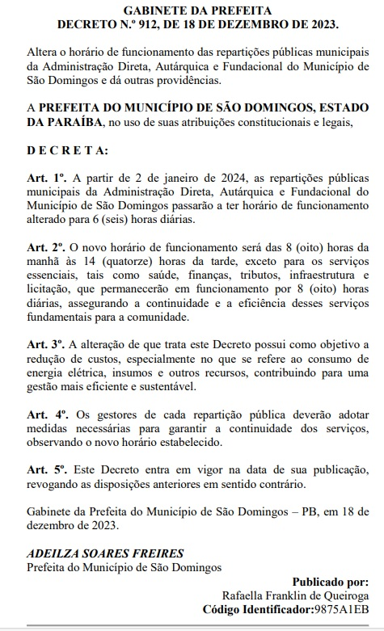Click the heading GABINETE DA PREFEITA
click(192, 10)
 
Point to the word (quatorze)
click(127, 260)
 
